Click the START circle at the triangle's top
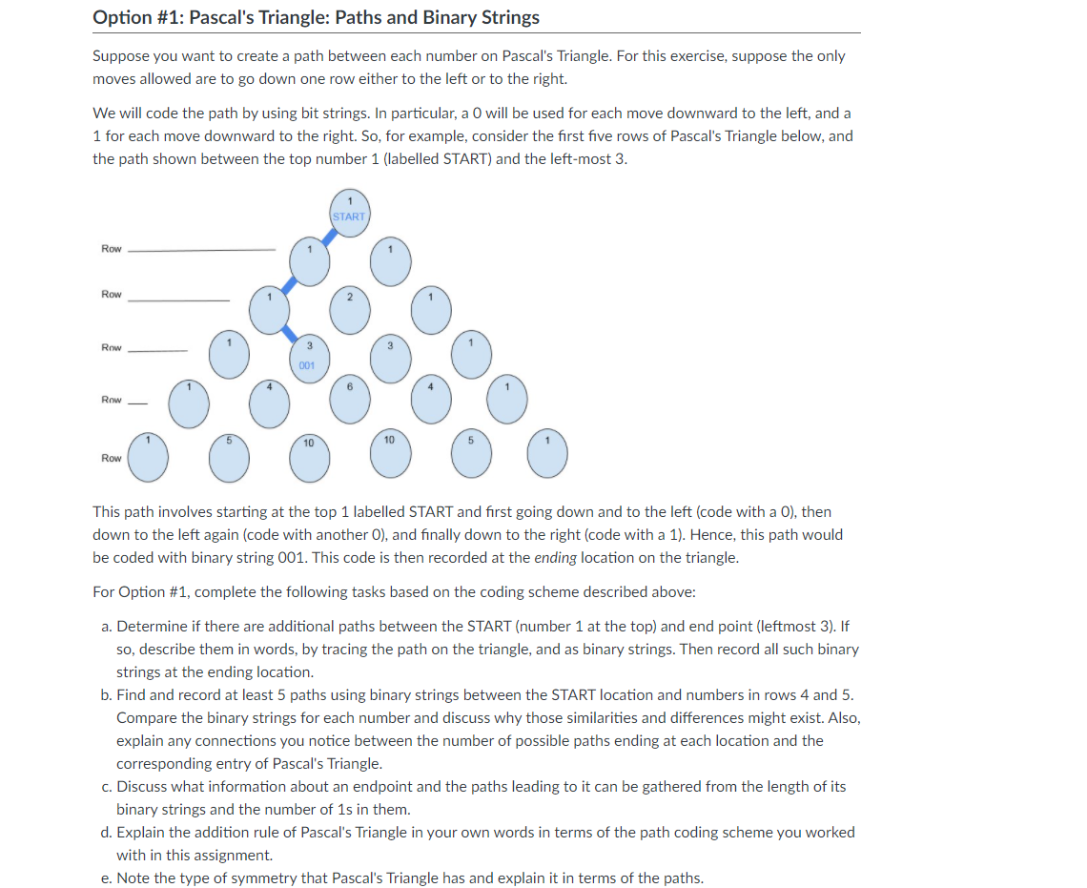(349, 212)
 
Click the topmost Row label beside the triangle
(112, 249)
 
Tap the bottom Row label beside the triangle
(112, 458)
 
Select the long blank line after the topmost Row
(201, 250)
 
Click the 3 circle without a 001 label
(390, 356)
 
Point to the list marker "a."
(107, 627)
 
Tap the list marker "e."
(107, 878)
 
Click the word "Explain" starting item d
(142, 833)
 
